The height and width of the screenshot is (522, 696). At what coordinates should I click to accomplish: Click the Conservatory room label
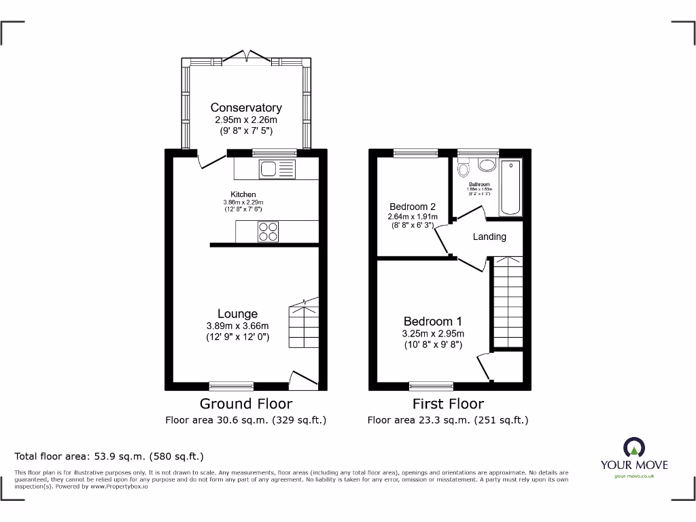(x=245, y=107)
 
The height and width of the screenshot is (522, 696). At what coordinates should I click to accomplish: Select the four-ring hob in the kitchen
(x=268, y=232)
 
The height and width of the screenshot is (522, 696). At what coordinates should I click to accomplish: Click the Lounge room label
(x=237, y=313)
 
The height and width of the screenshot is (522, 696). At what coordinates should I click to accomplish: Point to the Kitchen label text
(x=243, y=194)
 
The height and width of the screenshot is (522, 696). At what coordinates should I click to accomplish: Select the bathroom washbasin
(x=487, y=164)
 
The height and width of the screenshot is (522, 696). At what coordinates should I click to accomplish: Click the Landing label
(x=489, y=237)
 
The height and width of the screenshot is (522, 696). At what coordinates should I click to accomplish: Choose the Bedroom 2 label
(x=413, y=207)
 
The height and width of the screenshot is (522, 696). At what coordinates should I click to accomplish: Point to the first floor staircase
(x=506, y=302)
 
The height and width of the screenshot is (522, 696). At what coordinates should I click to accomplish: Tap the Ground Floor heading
(x=246, y=404)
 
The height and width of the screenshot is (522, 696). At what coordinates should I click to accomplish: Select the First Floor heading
(x=448, y=404)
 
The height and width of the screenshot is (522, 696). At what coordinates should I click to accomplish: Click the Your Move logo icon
(x=633, y=447)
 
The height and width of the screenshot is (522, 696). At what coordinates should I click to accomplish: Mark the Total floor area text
(x=109, y=456)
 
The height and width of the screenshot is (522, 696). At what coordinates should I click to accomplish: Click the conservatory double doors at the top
(x=246, y=56)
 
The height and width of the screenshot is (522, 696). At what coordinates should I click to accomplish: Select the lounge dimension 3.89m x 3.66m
(x=237, y=326)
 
